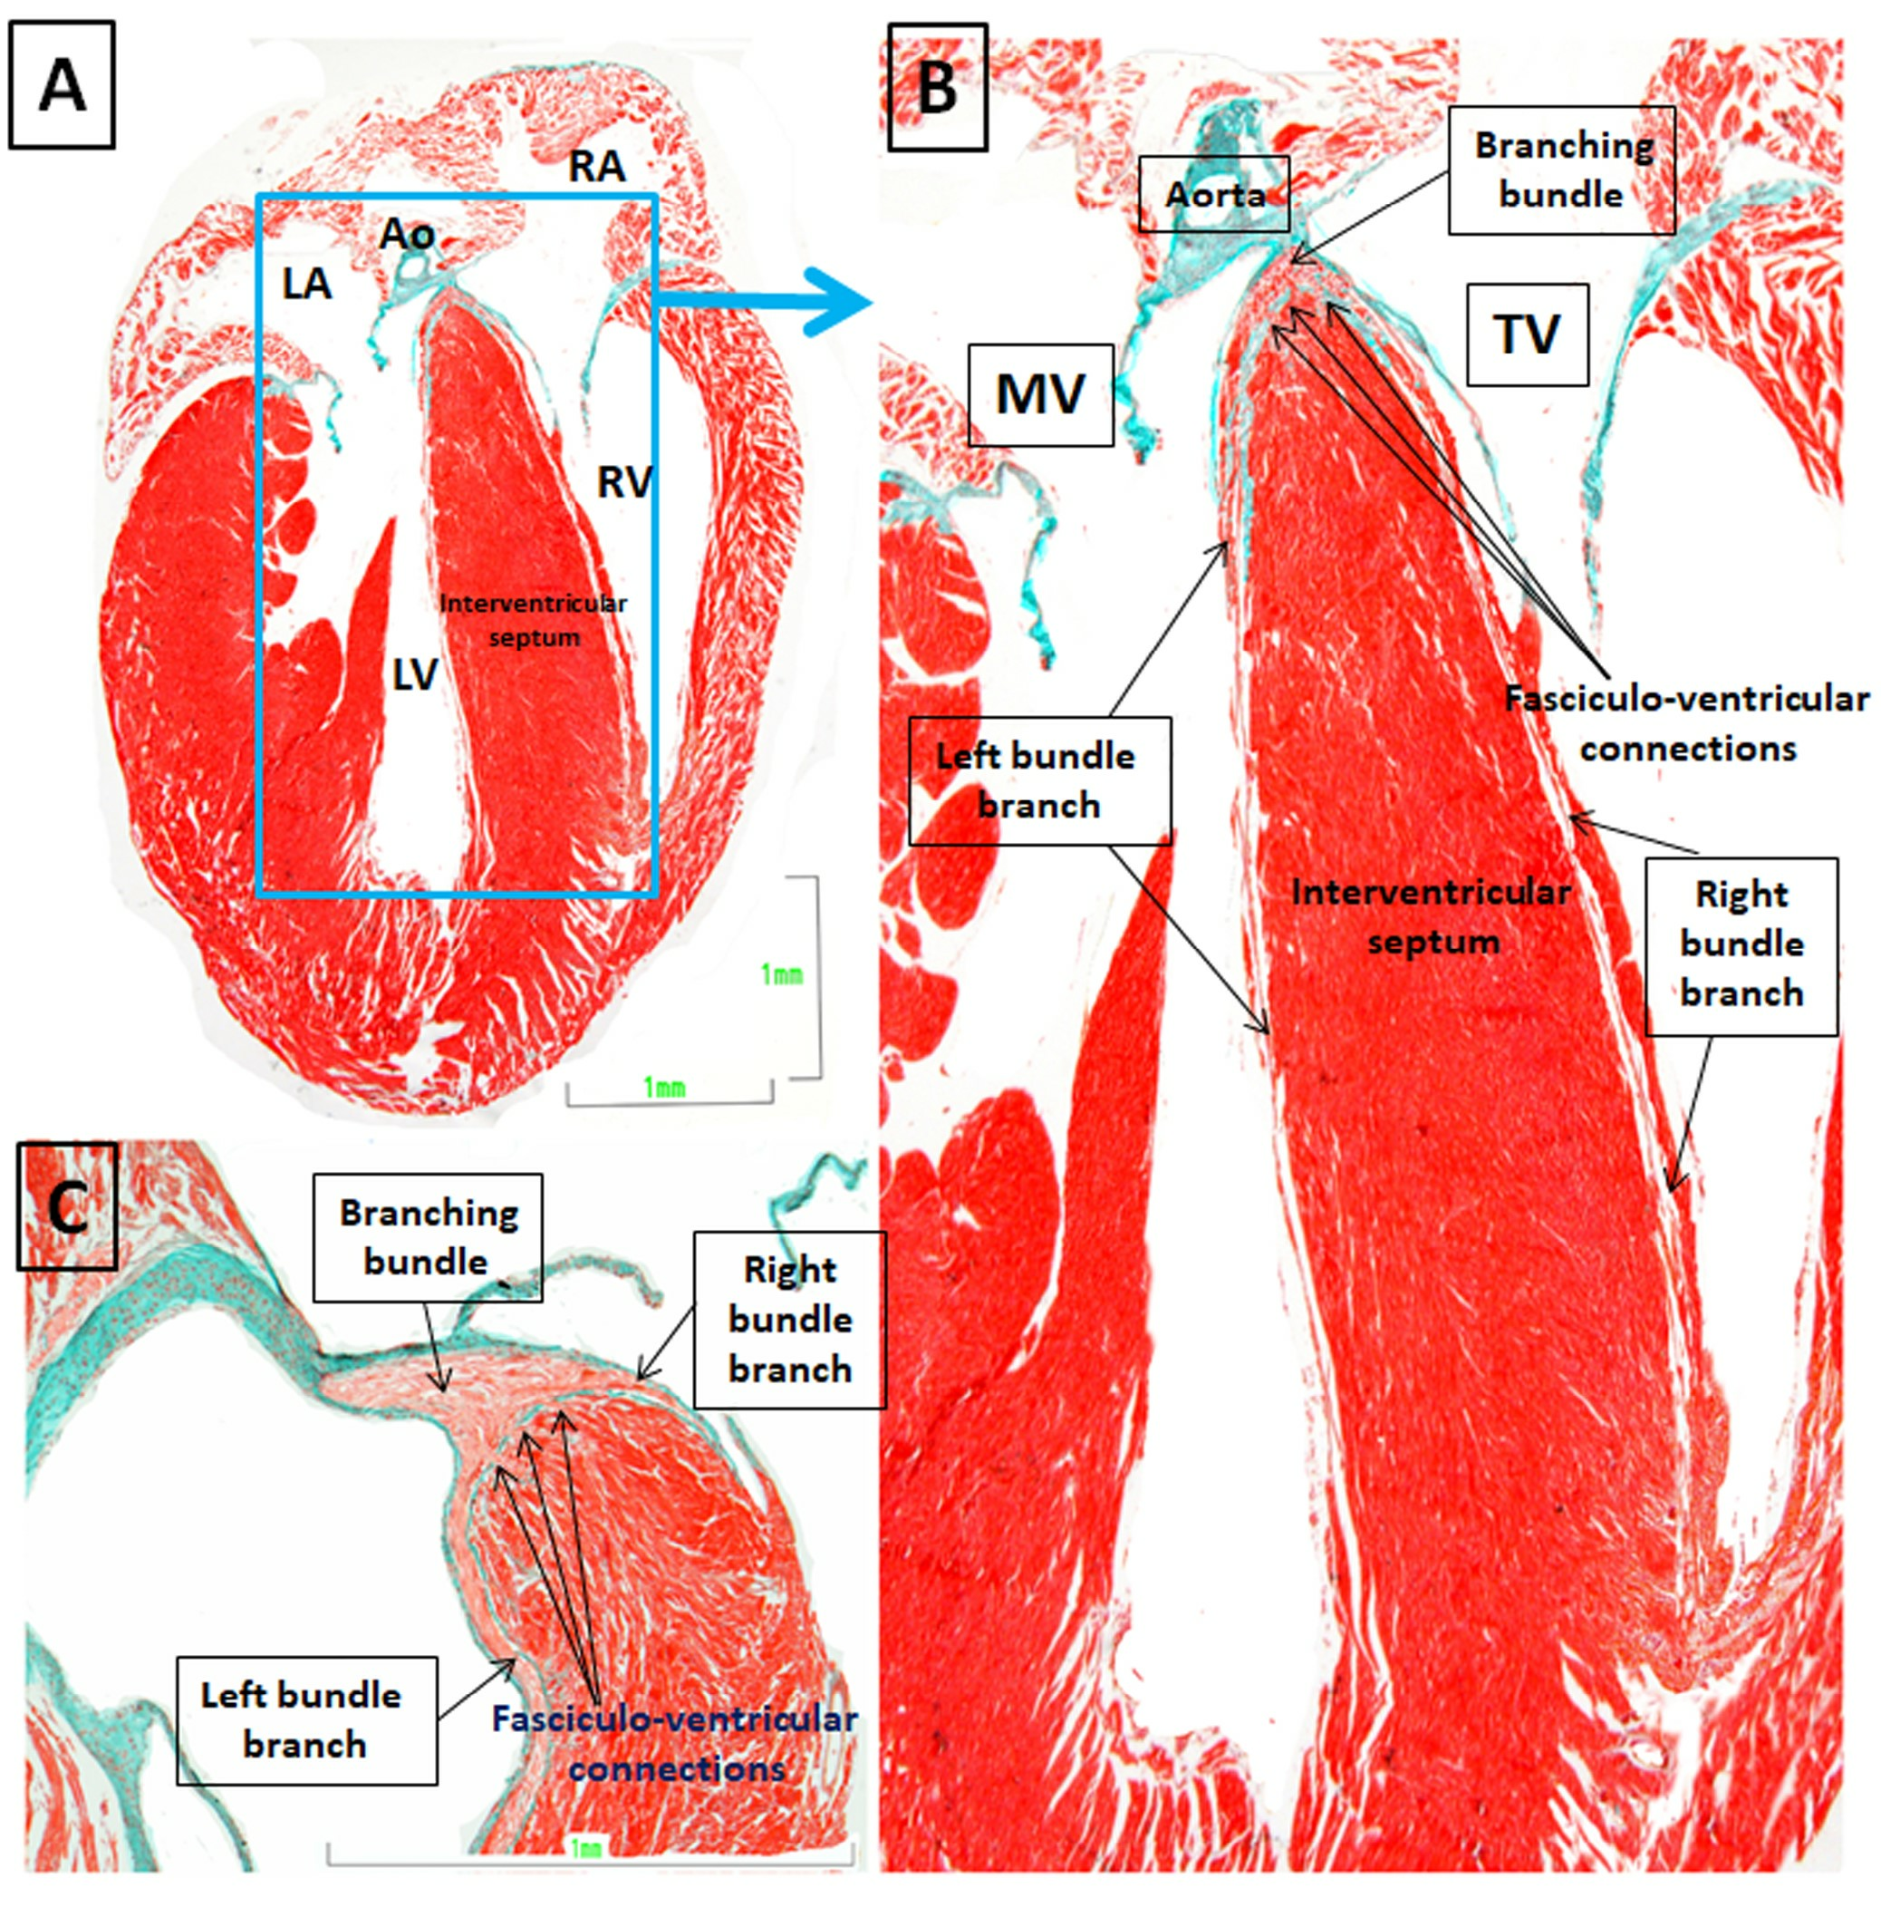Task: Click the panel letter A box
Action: [62, 85]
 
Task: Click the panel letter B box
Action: [937, 87]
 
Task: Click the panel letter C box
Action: [67, 1205]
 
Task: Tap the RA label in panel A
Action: [597, 167]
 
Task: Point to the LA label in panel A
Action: [306, 285]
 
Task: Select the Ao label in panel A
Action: [407, 235]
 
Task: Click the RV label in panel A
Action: [625, 482]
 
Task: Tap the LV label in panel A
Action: [415, 676]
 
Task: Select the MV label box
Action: [1040, 395]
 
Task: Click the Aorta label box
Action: [1214, 195]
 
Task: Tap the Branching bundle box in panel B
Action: [1562, 170]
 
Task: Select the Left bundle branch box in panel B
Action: [1039, 780]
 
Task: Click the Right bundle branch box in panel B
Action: [1741, 945]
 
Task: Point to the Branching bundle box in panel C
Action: [428, 1237]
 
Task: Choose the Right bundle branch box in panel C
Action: [789, 1319]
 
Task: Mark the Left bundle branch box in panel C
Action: [306, 1720]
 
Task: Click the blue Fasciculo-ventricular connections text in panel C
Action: [676, 1744]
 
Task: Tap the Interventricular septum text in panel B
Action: [1431, 916]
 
